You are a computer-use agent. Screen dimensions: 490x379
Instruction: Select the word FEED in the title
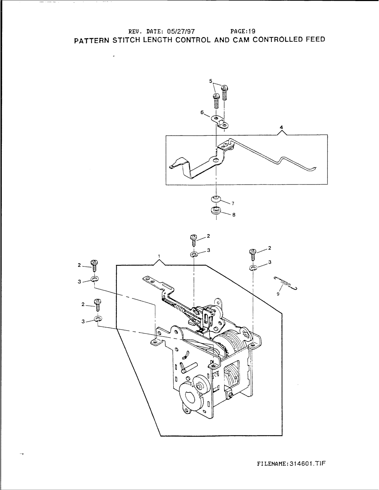point(315,39)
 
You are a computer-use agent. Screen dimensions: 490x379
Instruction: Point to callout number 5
point(211,81)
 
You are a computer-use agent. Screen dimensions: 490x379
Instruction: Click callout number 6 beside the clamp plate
point(202,112)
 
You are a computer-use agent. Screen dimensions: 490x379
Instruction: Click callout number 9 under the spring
point(277,294)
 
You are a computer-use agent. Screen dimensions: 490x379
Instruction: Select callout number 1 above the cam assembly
point(159,256)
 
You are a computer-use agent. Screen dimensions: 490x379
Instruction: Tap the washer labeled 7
point(215,199)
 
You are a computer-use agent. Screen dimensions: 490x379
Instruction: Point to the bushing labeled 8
point(215,210)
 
